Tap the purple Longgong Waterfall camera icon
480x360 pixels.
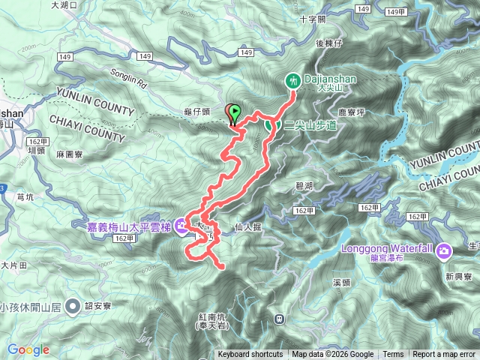pyautogui.click(x=444, y=250)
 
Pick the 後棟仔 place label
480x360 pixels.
pyautogui.click(x=328, y=43)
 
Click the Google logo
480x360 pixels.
pyautogui.click(x=28, y=349)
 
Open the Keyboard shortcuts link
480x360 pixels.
pyautogui.click(x=250, y=355)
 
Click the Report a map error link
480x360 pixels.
pyautogui.click(x=444, y=355)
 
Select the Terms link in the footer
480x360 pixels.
pyautogui.click(x=393, y=355)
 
